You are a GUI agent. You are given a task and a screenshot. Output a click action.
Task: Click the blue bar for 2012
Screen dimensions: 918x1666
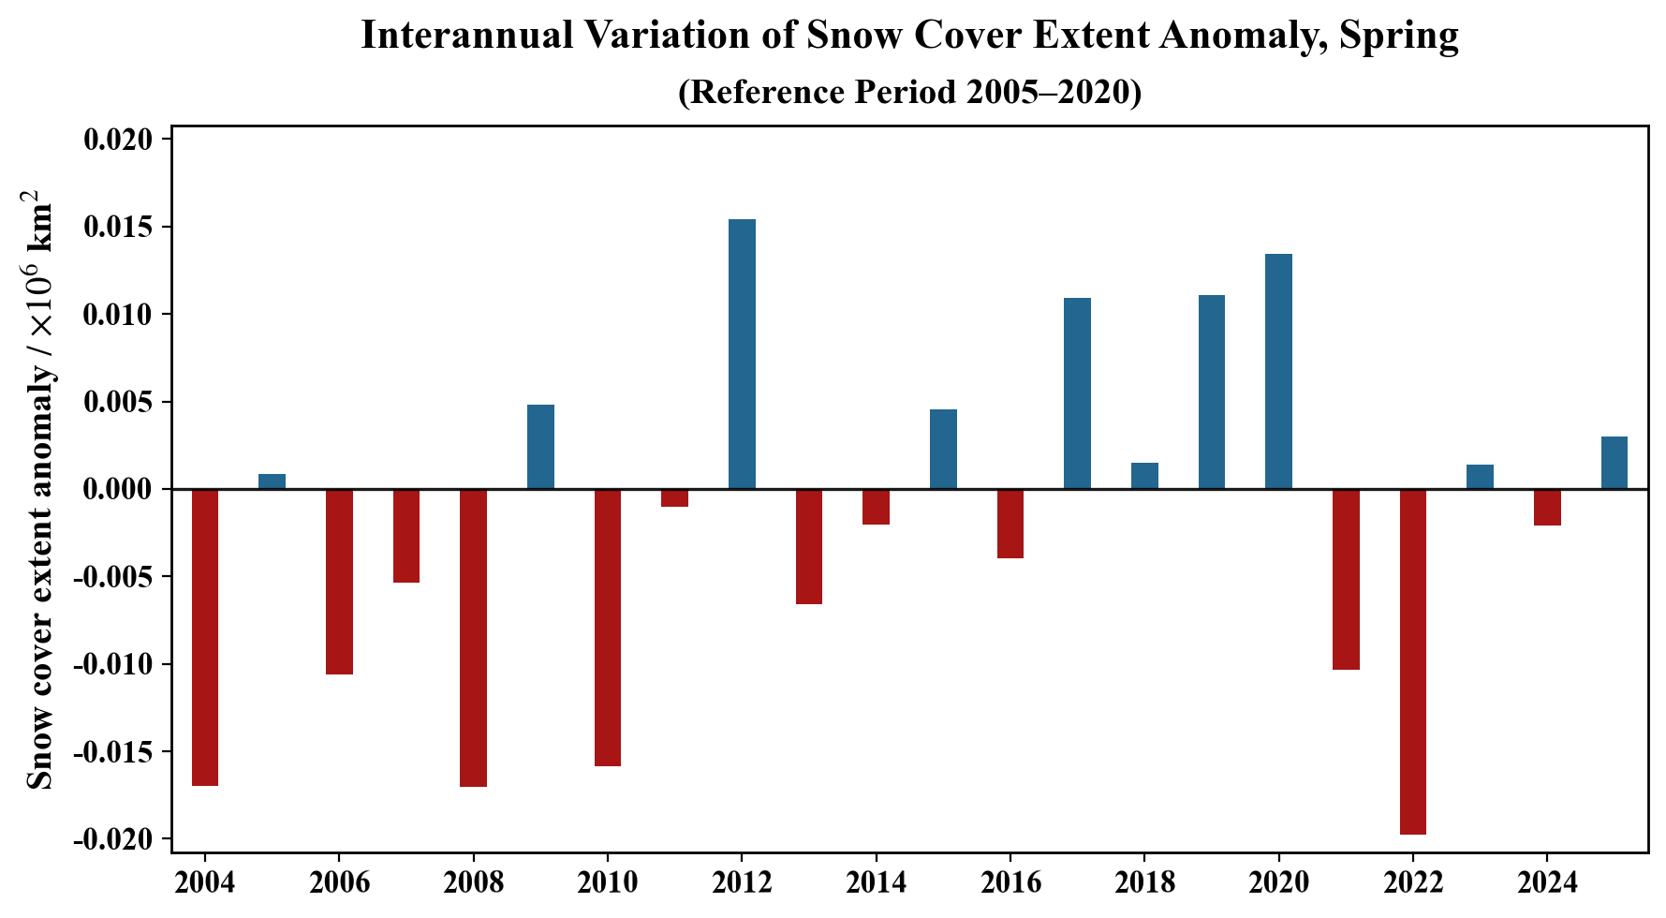point(742,354)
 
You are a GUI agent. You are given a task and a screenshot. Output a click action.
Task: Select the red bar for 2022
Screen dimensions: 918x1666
point(1412,661)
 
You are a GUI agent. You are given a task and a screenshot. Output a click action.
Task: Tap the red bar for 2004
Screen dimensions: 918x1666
point(205,637)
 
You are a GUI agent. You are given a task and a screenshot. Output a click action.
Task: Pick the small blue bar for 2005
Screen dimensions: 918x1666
point(272,481)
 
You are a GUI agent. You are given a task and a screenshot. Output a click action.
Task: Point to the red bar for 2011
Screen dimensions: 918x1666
point(674,497)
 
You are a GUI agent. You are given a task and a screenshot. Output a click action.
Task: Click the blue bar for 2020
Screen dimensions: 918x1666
point(1278,372)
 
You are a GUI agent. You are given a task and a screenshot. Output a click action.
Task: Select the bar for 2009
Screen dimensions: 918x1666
point(540,447)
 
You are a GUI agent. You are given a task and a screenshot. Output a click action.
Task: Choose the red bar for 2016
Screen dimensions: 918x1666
point(1010,524)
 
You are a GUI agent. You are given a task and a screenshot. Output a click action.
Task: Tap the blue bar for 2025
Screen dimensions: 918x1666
point(1614,463)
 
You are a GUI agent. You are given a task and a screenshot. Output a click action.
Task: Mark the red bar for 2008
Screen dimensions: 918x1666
point(473,638)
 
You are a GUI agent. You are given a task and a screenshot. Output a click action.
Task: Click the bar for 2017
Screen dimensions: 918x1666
point(1077,393)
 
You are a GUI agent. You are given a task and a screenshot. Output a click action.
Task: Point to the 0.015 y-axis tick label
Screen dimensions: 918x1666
point(117,228)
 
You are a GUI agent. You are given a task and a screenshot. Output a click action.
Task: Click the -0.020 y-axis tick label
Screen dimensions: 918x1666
point(113,839)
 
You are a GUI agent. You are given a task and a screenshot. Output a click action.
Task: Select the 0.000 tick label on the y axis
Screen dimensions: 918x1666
point(117,490)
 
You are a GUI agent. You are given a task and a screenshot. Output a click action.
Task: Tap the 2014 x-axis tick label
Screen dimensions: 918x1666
point(876,882)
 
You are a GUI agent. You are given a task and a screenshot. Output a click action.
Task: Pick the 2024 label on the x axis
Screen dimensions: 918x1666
point(1546,882)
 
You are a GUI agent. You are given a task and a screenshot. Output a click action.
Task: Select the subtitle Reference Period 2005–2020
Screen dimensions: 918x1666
point(909,92)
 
